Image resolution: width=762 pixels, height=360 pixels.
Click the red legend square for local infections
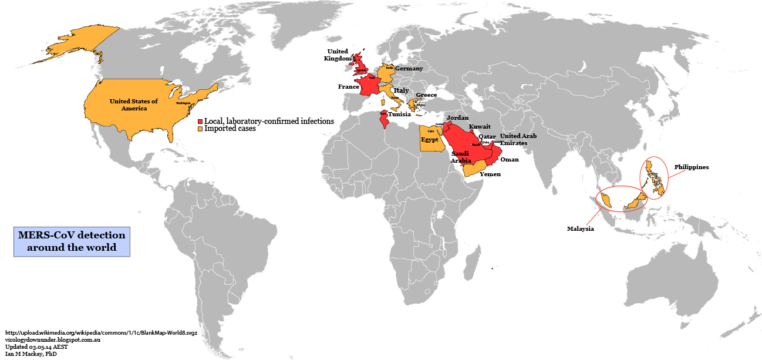pyautogui.click(x=200, y=121)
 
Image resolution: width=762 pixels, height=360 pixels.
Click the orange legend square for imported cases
pyautogui.click(x=200, y=129)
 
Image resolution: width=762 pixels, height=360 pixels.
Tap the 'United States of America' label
pyautogui.click(x=134, y=105)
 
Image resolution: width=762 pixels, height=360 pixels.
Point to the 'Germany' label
pyautogui.click(x=409, y=69)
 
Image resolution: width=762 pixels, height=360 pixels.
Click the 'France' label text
pyautogui.click(x=348, y=87)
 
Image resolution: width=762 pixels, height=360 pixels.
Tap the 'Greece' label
pyautogui.click(x=426, y=95)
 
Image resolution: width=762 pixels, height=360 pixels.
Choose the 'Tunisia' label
pyautogui.click(x=399, y=115)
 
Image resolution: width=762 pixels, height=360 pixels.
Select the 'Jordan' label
pyautogui.click(x=458, y=118)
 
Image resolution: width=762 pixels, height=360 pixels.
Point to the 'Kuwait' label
pyautogui.click(x=480, y=126)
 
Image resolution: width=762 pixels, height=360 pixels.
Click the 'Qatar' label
pyautogui.click(x=487, y=136)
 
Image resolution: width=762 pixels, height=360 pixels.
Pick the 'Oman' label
pyautogui.click(x=509, y=159)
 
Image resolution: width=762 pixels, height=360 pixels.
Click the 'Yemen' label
pyautogui.click(x=490, y=174)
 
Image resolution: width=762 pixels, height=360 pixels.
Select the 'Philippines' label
pyautogui.click(x=691, y=167)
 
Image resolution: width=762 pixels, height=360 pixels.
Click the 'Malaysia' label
pyautogui.click(x=580, y=228)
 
